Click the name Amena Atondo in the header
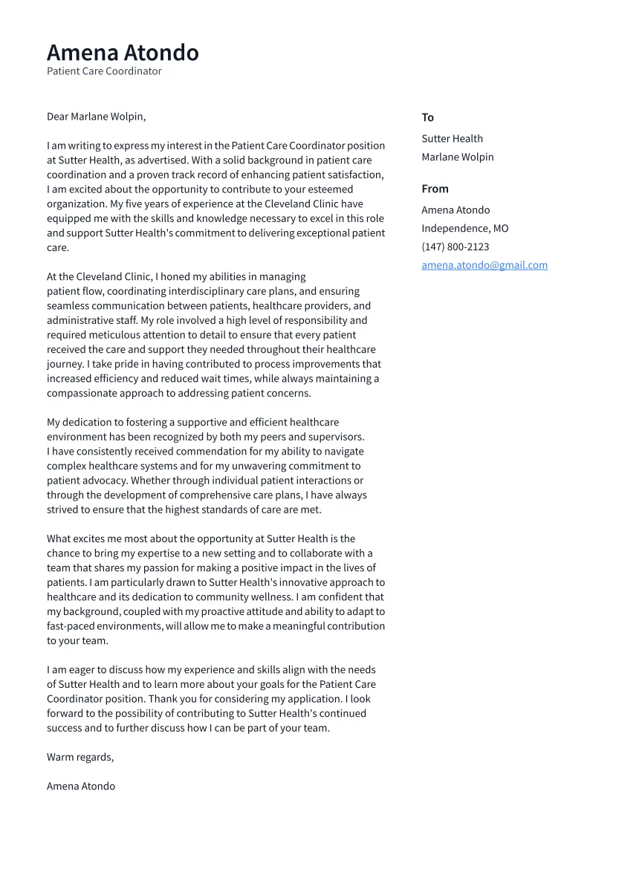(x=123, y=53)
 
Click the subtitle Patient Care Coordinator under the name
(x=104, y=71)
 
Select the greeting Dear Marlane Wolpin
(x=96, y=117)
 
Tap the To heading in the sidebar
(x=427, y=117)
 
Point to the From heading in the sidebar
(x=435, y=189)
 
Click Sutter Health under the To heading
(x=452, y=139)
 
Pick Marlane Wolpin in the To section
(x=457, y=157)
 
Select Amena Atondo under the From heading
(x=456, y=210)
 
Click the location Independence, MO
(x=464, y=228)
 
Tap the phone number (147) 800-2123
(x=455, y=247)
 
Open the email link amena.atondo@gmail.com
(x=484, y=265)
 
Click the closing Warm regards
(x=80, y=757)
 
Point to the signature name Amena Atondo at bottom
(x=81, y=786)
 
